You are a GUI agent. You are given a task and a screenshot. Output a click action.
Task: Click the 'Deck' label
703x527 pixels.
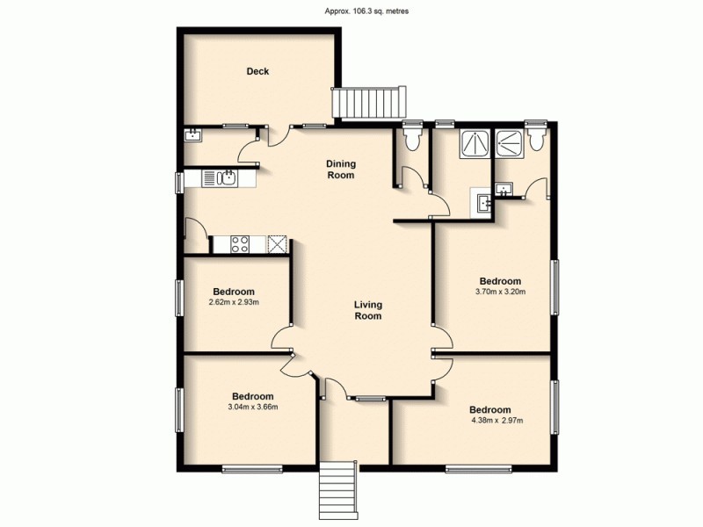coord(257,72)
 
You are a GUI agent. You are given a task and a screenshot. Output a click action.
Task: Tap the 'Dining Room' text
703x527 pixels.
coord(340,170)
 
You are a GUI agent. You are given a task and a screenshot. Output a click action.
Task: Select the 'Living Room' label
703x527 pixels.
coord(367,311)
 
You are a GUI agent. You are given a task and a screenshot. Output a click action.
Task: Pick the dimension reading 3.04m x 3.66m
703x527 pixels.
coord(241,407)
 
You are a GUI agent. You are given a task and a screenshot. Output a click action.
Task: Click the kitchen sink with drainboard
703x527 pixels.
coord(220,178)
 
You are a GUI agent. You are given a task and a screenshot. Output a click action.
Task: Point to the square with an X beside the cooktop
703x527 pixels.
coord(277,243)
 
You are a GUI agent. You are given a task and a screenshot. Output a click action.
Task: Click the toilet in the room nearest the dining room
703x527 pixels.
coord(411,138)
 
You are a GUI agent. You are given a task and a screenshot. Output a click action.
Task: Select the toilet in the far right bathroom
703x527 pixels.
coord(538,141)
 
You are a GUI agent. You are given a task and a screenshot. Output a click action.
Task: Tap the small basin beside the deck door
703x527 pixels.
coord(192,134)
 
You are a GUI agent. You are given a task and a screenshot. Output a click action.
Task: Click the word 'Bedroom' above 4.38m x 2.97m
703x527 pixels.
coord(489,409)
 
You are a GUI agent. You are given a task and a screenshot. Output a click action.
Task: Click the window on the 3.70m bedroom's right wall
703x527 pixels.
coord(554,285)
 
